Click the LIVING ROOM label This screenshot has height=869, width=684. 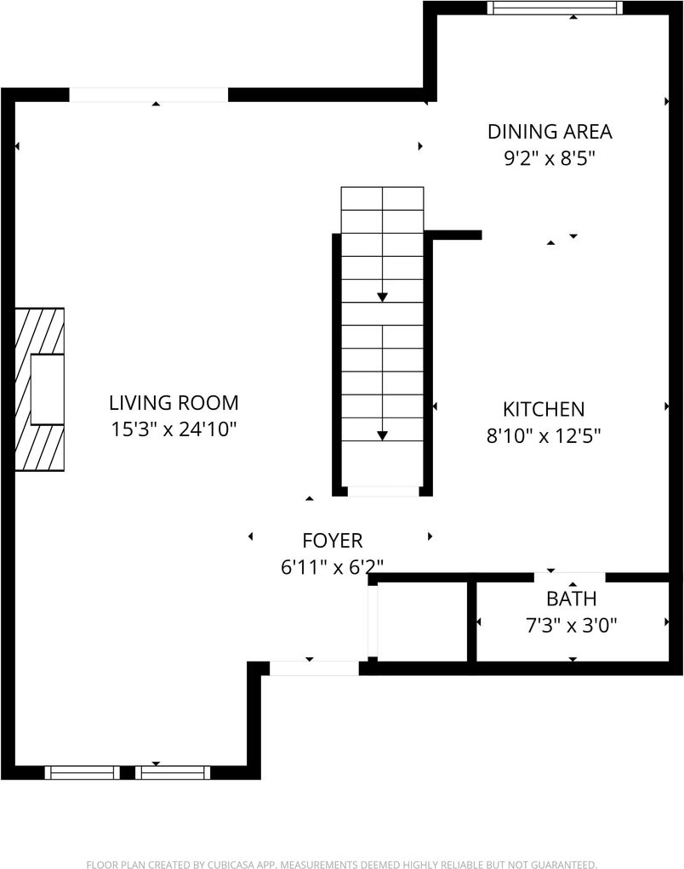[x=174, y=402]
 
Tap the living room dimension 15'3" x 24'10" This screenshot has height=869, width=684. [x=174, y=429]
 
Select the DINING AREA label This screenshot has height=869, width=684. [x=550, y=131]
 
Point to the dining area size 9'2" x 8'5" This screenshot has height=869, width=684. [x=550, y=158]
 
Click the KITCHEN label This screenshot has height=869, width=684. [x=544, y=409]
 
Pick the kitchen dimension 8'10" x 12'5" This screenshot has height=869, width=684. [x=544, y=435]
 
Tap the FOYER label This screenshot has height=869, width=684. [x=333, y=540]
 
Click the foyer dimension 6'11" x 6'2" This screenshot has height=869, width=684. [x=333, y=567]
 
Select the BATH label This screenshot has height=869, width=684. [x=572, y=599]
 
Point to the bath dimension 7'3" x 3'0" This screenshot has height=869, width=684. [x=572, y=625]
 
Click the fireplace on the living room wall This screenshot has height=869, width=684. [x=39, y=389]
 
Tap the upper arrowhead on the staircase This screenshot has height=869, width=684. [x=383, y=297]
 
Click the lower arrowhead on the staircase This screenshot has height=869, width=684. [x=383, y=435]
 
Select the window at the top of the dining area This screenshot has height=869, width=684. [x=555, y=8]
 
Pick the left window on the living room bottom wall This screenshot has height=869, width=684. [x=83, y=773]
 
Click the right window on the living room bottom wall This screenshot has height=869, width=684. [x=173, y=773]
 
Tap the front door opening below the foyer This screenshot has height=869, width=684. [x=314, y=668]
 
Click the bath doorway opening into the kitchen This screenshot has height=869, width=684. [x=570, y=577]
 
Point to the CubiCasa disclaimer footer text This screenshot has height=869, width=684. [x=341, y=864]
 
